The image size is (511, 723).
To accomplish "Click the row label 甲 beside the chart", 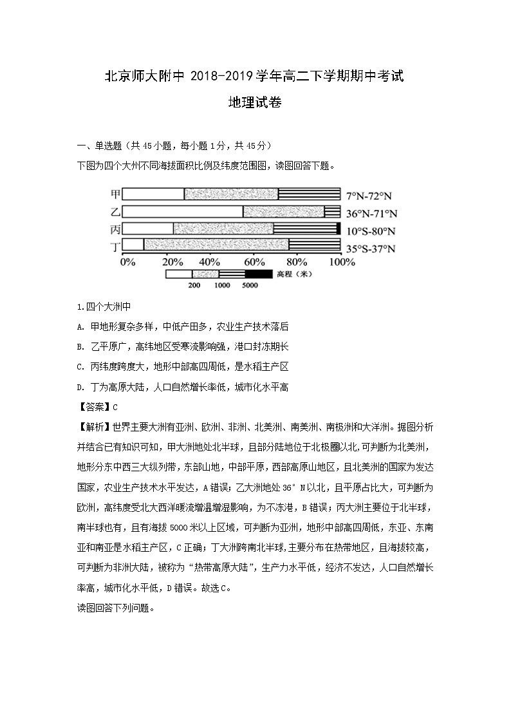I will tap(115, 194).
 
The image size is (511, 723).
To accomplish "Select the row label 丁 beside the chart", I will tap(115, 247).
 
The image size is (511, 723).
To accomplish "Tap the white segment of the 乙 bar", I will tap(182, 211).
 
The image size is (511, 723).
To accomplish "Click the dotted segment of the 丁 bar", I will tap(216, 245).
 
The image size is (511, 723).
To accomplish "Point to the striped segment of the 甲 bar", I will tap(309, 194).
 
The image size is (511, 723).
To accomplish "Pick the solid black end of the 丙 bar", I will tap(339, 228).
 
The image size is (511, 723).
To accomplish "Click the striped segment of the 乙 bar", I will tap(332, 211).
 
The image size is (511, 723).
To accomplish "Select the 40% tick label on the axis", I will tap(210, 262).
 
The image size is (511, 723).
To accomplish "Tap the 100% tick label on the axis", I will tap(342, 262).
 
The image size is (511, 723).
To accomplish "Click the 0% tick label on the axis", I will tap(127, 262).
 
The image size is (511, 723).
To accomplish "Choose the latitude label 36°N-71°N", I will tap(372, 213).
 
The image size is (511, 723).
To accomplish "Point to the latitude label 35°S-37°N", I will tap(371, 249).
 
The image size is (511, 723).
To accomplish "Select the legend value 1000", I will tap(222, 285).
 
